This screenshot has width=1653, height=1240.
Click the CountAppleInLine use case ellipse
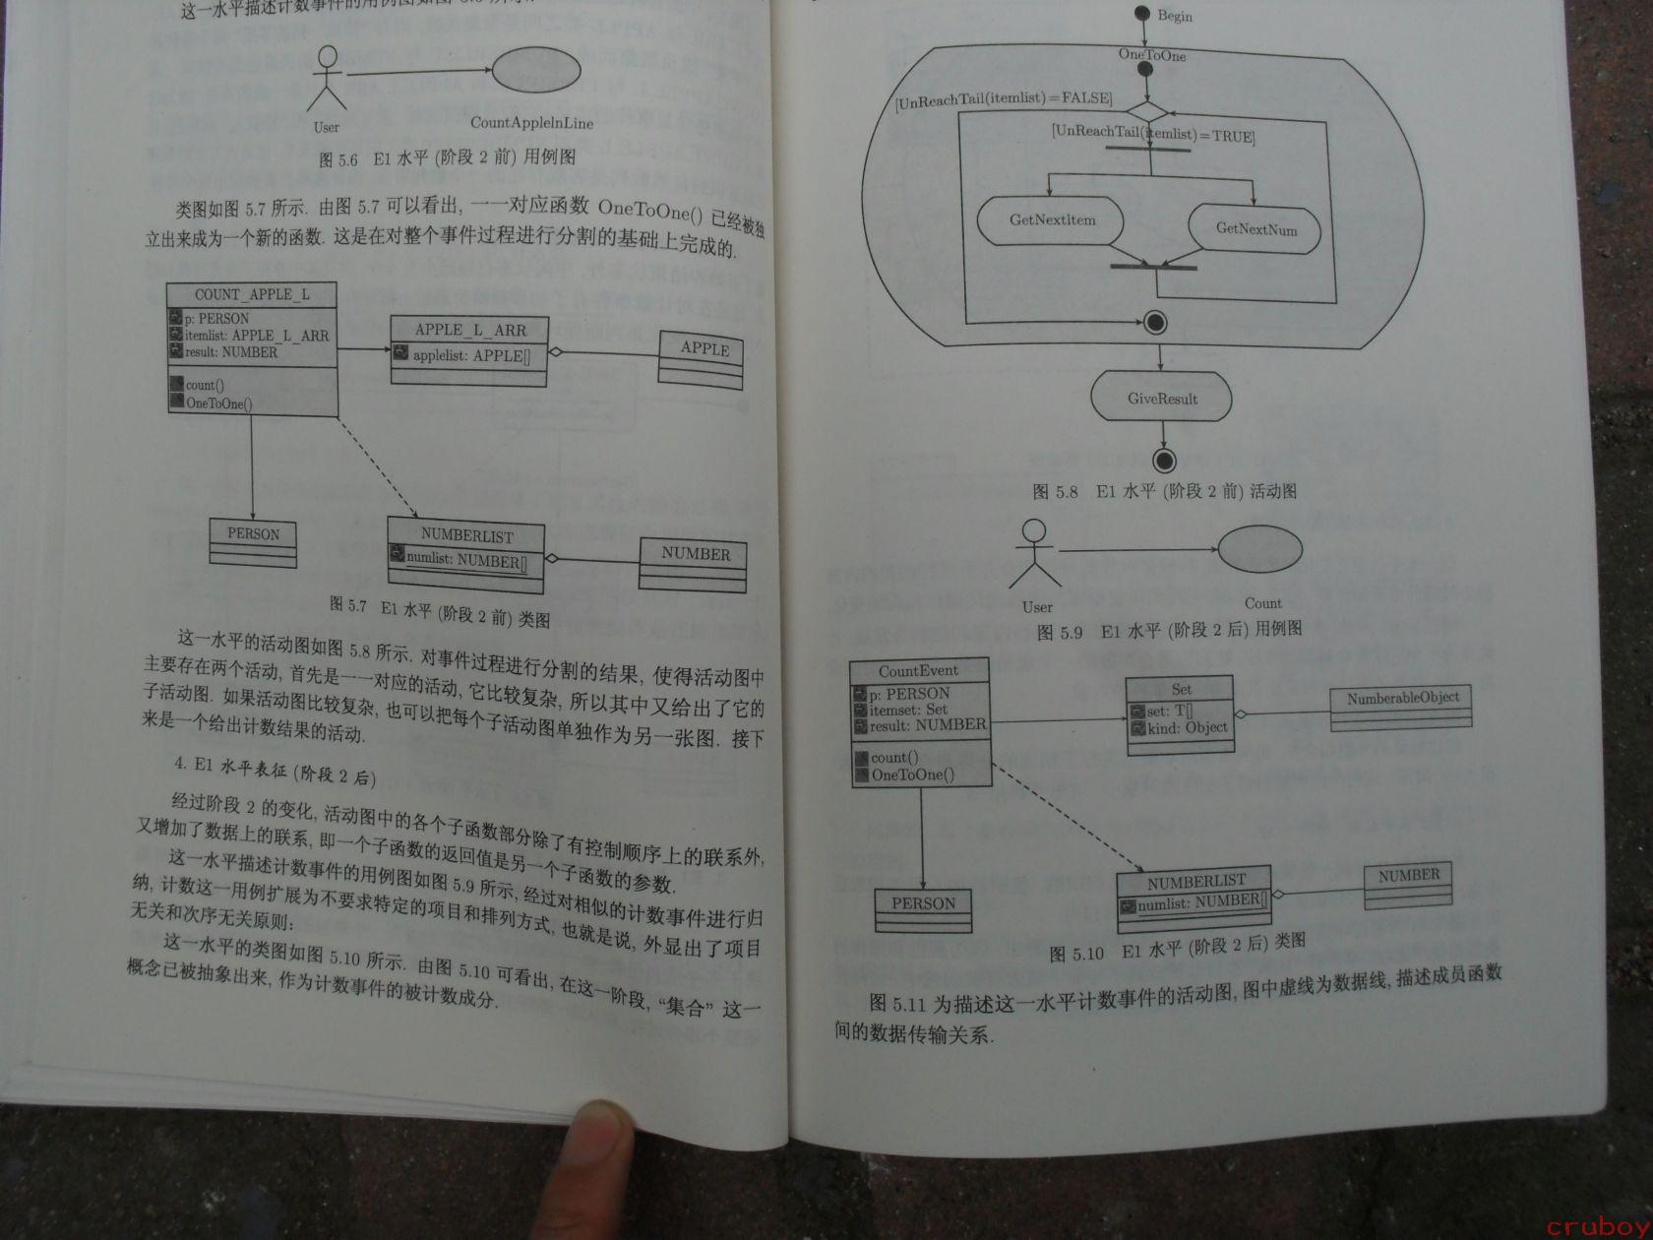click(x=535, y=71)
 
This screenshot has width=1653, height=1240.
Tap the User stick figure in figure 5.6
click(x=326, y=80)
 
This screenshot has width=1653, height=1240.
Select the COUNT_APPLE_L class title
click(x=252, y=294)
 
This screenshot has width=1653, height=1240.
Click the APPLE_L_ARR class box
click(x=469, y=350)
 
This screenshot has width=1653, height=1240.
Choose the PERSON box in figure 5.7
click(x=253, y=541)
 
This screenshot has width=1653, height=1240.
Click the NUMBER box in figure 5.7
click(x=694, y=564)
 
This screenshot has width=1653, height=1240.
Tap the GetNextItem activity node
click(x=1051, y=220)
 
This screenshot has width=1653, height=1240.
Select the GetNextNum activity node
click(x=1255, y=229)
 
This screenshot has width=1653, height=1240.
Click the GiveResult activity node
click(x=1162, y=399)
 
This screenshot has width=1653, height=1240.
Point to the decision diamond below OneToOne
click(x=1146, y=111)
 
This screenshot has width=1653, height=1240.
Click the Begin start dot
click(x=1142, y=14)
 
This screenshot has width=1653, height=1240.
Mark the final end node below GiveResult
click(x=1165, y=460)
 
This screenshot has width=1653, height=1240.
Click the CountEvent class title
click(x=918, y=671)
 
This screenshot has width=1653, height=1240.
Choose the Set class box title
click(x=1180, y=689)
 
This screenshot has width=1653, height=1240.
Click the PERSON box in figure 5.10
click(x=923, y=910)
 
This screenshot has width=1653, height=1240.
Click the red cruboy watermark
click(x=1596, y=1226)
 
